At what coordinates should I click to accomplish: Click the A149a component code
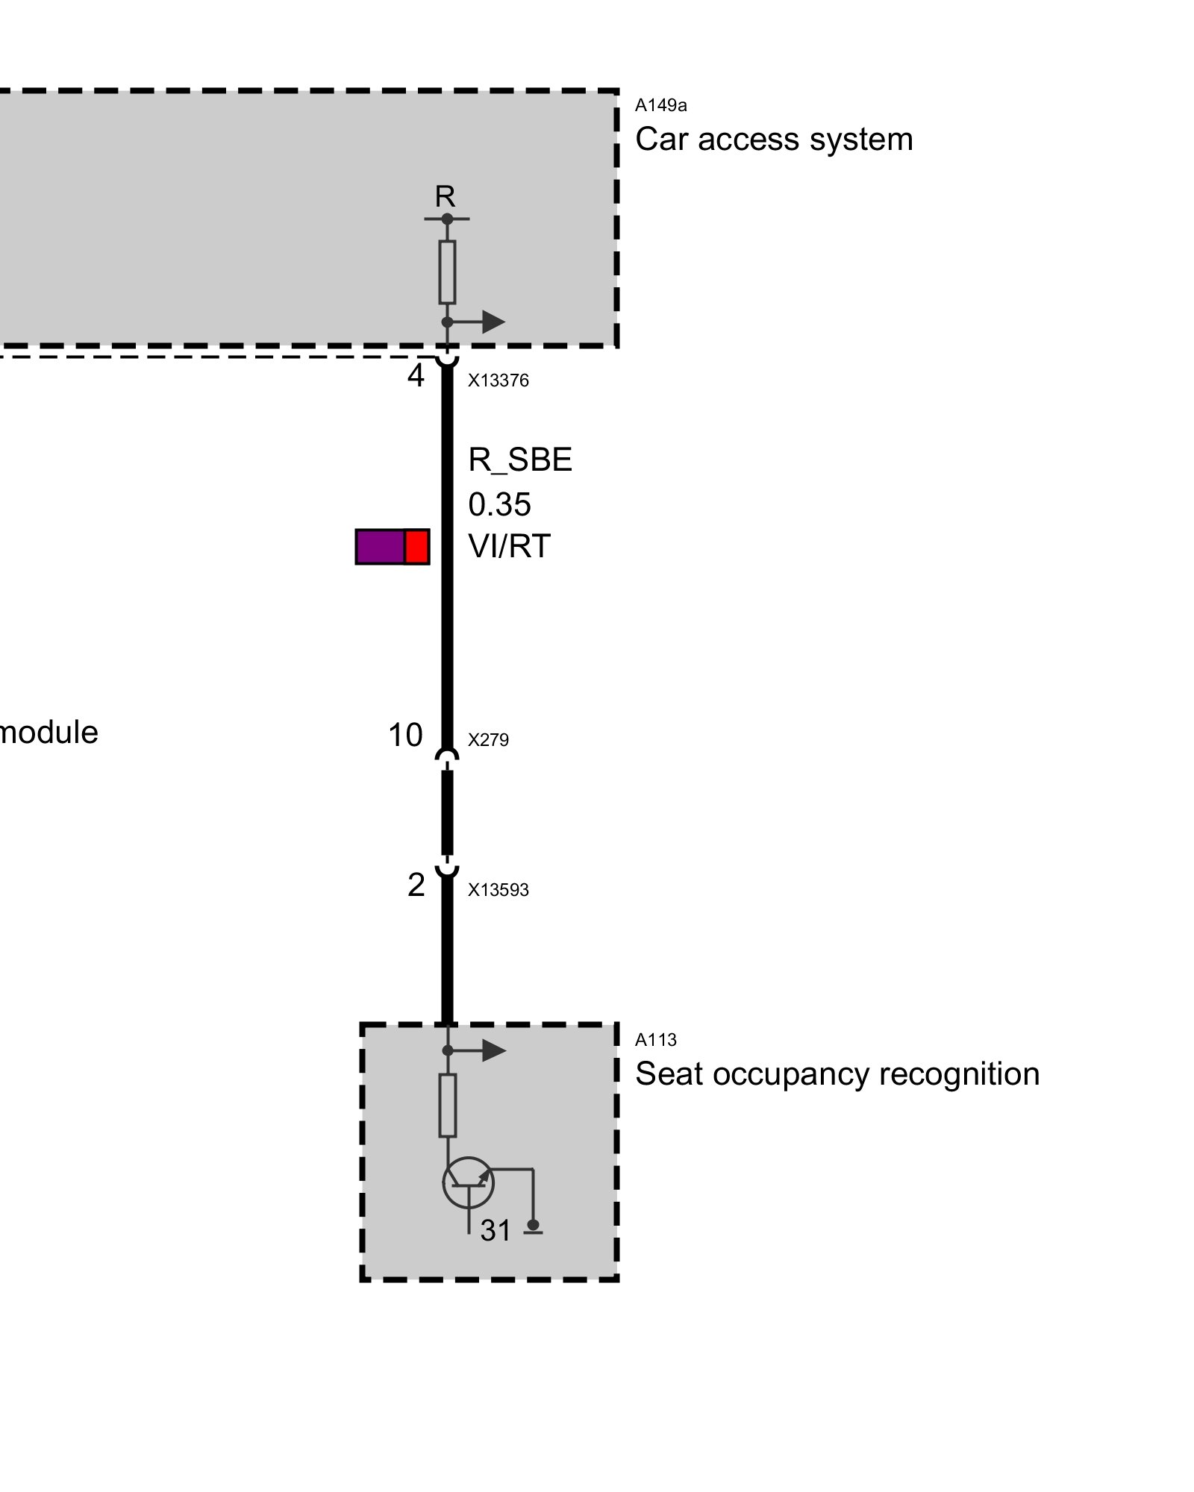pyautogui.click(x=660, y=106)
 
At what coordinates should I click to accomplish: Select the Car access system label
pyautogui.click(x=773, y=140)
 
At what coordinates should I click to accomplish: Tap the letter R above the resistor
pyautogui.click(x=445, y=197)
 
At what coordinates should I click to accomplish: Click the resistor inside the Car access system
pyautogui.click(x=447, y=272)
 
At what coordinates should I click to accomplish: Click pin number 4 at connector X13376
pyautogui.click(x=416, y=375)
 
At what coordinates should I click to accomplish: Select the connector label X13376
pyautogui.click(x=498, y=381)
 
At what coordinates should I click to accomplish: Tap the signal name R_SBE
pyautogui.click(x=519, y=460)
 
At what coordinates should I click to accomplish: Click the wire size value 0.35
pyautogui.click(x=499, y=505)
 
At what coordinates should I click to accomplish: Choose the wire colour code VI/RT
pyautogui.click(x=509, y=547)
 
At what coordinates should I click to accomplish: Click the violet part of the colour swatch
pyautogui.click(x=380, y=547)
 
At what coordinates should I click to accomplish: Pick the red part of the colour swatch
pyautogui.click(x=416, y=547)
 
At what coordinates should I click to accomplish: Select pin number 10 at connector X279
pyautogui.click(x=405, y=736)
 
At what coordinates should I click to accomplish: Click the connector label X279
pyautogui.click(x=488, y=740)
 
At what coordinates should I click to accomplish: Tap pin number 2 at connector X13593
pyautogui.click(x=416, y=886)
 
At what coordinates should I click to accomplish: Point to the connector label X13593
pyautogui.click(x=498, y=890)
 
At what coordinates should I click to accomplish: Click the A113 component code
pyautogui.click(x=655, y=1040)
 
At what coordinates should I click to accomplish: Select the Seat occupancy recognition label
pyautogui.click(x=837, y=1074)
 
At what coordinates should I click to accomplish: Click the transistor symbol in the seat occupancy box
pyautogui.click(x=468, y=1183)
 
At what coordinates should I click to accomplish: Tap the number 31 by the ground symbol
pyautogui.click(x=496, y=1231)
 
